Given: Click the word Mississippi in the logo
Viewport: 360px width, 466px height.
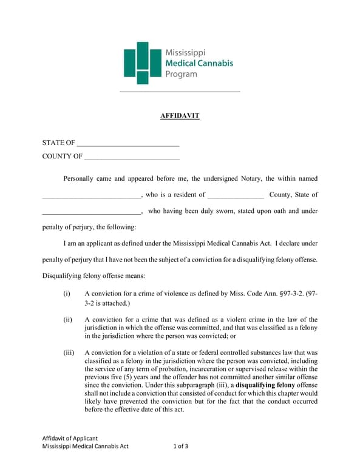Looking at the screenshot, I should tap(185, 53).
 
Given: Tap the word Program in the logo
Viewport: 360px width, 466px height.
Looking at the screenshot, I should tap(181, 74).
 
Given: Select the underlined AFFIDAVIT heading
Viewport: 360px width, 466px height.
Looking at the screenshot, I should tap(180, 115).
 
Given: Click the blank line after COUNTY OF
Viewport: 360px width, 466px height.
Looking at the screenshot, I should tap(131, 157).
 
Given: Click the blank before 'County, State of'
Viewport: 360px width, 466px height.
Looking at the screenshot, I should tap(235, 195).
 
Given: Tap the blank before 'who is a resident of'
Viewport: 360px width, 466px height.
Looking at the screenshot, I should tap(90, 195).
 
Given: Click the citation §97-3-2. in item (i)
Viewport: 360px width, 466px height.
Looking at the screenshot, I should tap(290, 294).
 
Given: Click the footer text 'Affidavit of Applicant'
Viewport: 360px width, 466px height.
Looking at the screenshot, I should tap(70, 438).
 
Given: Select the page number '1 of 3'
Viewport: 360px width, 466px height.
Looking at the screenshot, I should tap(180, 447).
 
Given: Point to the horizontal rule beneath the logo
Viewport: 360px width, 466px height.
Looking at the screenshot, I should tap(180, 92).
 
